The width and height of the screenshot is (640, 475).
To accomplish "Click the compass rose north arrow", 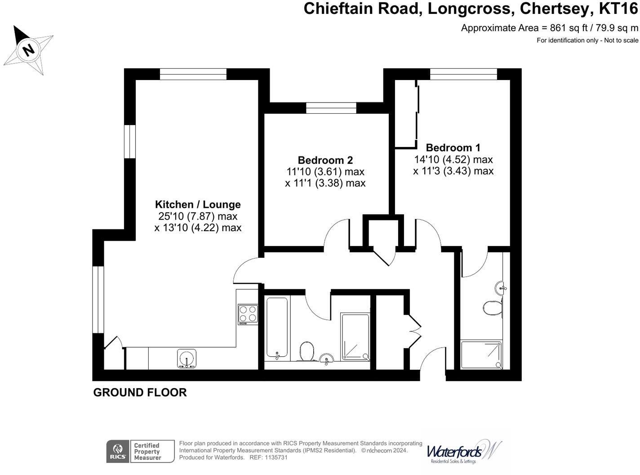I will pyautogui.click(x=28, y=49).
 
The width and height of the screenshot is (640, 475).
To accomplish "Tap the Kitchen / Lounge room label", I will pyautogui.click(x=198, y=205).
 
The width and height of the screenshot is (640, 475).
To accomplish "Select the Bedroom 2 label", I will pyautogui.click(x=325, y=160).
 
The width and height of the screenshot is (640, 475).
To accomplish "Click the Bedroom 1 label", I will pyautogui.click(x=453, y=148).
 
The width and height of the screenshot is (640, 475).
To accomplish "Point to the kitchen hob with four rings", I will pyautogui.click(x=248, y=314).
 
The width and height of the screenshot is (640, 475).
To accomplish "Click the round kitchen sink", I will pyautogui.click(x=187, y=358).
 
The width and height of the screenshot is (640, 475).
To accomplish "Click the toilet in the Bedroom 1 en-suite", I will pyautogui.click(x=493, y=309).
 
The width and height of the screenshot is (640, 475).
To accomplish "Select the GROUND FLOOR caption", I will pyautogui.click(x=140, y=393).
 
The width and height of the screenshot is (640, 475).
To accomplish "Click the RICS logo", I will pyautogui.click(x=118, y=452).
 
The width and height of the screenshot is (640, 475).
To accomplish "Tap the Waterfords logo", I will pyautogui.click(x=463, y=451).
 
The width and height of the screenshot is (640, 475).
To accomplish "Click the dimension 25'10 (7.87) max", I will pyautogui.click(x=198, y=216).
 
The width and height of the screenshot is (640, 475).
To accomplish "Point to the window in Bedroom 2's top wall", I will pyautogui.click(x=331, y=108).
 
